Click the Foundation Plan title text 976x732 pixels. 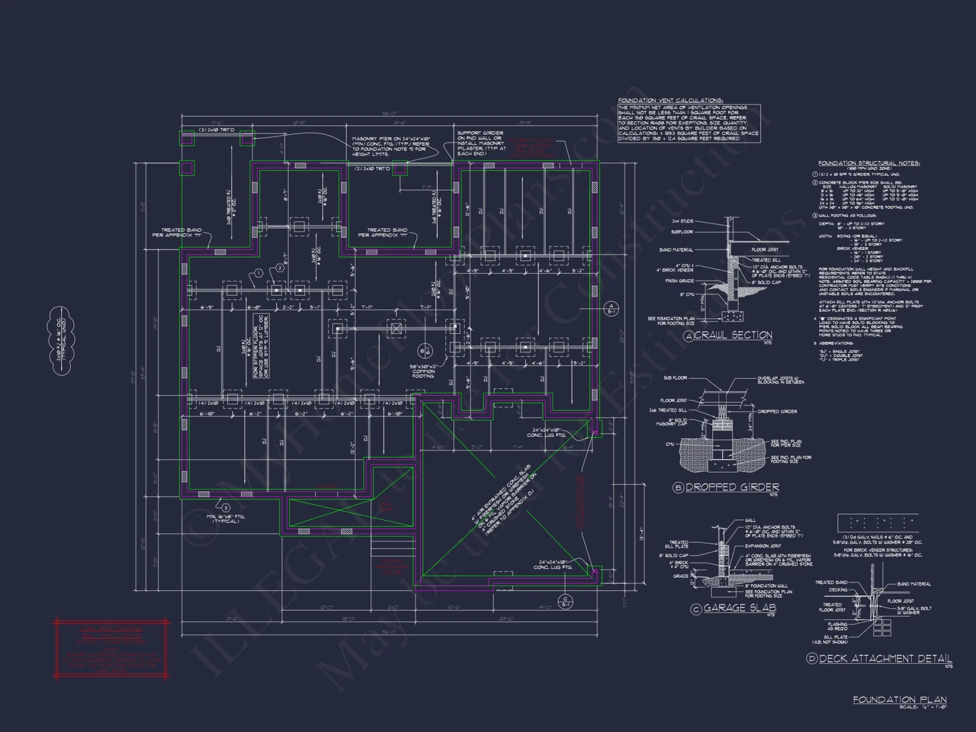pos(899,699)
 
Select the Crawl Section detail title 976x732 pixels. pos(733,335)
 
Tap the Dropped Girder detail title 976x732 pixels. pos(732,487)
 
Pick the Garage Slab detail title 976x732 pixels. pos(739,608)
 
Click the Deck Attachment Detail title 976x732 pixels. pos(885,658)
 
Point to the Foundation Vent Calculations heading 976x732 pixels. pos(671,100)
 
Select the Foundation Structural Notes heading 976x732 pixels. pos(869,163)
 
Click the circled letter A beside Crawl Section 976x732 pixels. pos(688,336)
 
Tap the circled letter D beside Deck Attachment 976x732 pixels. pos(812,659)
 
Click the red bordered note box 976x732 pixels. pos(111,649)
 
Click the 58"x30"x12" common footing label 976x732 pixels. pos(423,371)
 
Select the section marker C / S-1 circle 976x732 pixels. pos(566,601)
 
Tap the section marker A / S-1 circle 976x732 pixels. pos(611,308)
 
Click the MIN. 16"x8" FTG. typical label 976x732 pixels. pos(225,518)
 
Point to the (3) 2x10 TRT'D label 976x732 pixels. pos(217,130)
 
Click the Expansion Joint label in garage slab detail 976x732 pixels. pos(763,546)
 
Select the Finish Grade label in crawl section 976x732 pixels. pos(679,281)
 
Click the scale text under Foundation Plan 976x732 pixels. pos(922,707)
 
